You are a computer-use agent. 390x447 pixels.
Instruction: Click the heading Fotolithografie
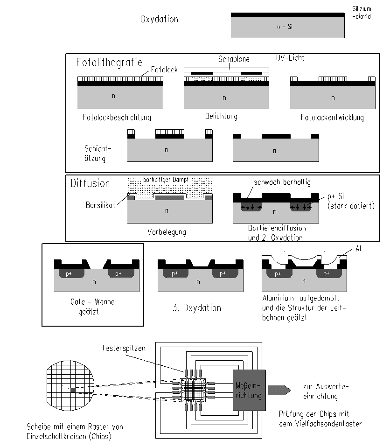point(109,62)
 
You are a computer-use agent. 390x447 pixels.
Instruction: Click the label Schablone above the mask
point(234,59)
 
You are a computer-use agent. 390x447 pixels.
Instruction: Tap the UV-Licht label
point(290,58)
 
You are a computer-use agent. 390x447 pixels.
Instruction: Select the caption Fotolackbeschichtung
point(117,117)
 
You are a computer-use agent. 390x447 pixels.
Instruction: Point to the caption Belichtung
point(221,116)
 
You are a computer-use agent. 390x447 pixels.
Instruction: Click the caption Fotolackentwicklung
point(332,117)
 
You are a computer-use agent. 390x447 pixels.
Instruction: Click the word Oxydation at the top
point(159,19)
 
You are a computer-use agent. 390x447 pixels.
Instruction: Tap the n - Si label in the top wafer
point(285,27)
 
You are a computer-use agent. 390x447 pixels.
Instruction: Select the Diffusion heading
point(90,183)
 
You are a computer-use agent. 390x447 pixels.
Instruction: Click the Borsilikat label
point(100,205)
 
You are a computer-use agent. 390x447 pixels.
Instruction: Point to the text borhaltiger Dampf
point(166,180)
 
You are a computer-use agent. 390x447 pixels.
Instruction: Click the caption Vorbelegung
point(167,232)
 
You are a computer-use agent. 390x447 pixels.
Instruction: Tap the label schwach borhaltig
point(282,182)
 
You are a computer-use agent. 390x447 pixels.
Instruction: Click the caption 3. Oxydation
point(197,308)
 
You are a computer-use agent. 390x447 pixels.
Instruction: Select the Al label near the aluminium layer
point(358,249)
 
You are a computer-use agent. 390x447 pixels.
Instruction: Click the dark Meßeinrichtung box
point(250,390)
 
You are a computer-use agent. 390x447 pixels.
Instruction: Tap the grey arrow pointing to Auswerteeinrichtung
point(279,390)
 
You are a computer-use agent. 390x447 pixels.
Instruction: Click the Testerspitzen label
point(124,348)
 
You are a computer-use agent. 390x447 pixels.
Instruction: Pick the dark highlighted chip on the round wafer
point(73,390)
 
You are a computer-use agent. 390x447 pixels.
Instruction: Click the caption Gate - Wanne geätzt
point(92,307)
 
